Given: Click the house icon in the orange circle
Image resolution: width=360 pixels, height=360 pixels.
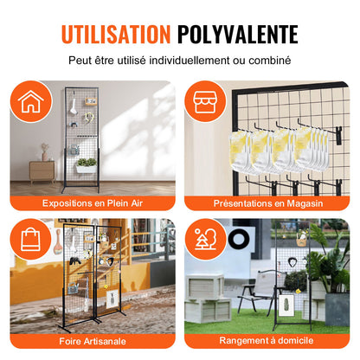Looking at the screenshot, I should pos(31,100).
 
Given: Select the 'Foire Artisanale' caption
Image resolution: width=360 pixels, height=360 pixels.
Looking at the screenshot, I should pos(93,341).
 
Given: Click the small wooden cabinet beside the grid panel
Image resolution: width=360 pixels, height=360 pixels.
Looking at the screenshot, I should pos(42,169).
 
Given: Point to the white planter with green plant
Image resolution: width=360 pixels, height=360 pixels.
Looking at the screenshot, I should pos(85,164).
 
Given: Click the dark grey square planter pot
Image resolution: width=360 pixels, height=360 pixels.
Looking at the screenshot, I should pos(337,307).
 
